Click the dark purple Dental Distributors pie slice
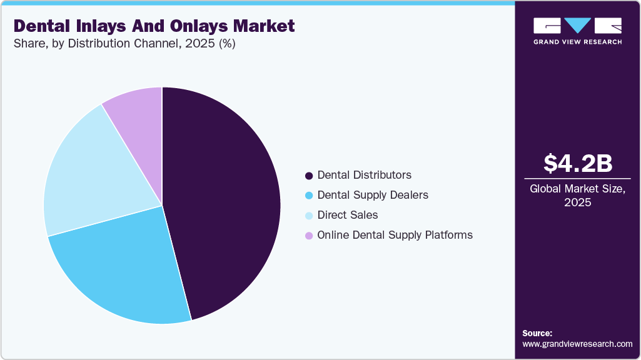click(225, 200)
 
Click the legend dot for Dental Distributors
click(308, 175)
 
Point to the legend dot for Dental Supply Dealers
click(308, 195)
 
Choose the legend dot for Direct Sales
click(308, 215)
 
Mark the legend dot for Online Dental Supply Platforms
click(308, 236)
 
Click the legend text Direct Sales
click(348, 215)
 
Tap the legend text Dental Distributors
click(365, 175)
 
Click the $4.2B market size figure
click(577, 163)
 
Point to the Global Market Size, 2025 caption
click(577, 195)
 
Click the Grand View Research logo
click(577, 31)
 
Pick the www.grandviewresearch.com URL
click(577, 344)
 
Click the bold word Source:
click(537, 333)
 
